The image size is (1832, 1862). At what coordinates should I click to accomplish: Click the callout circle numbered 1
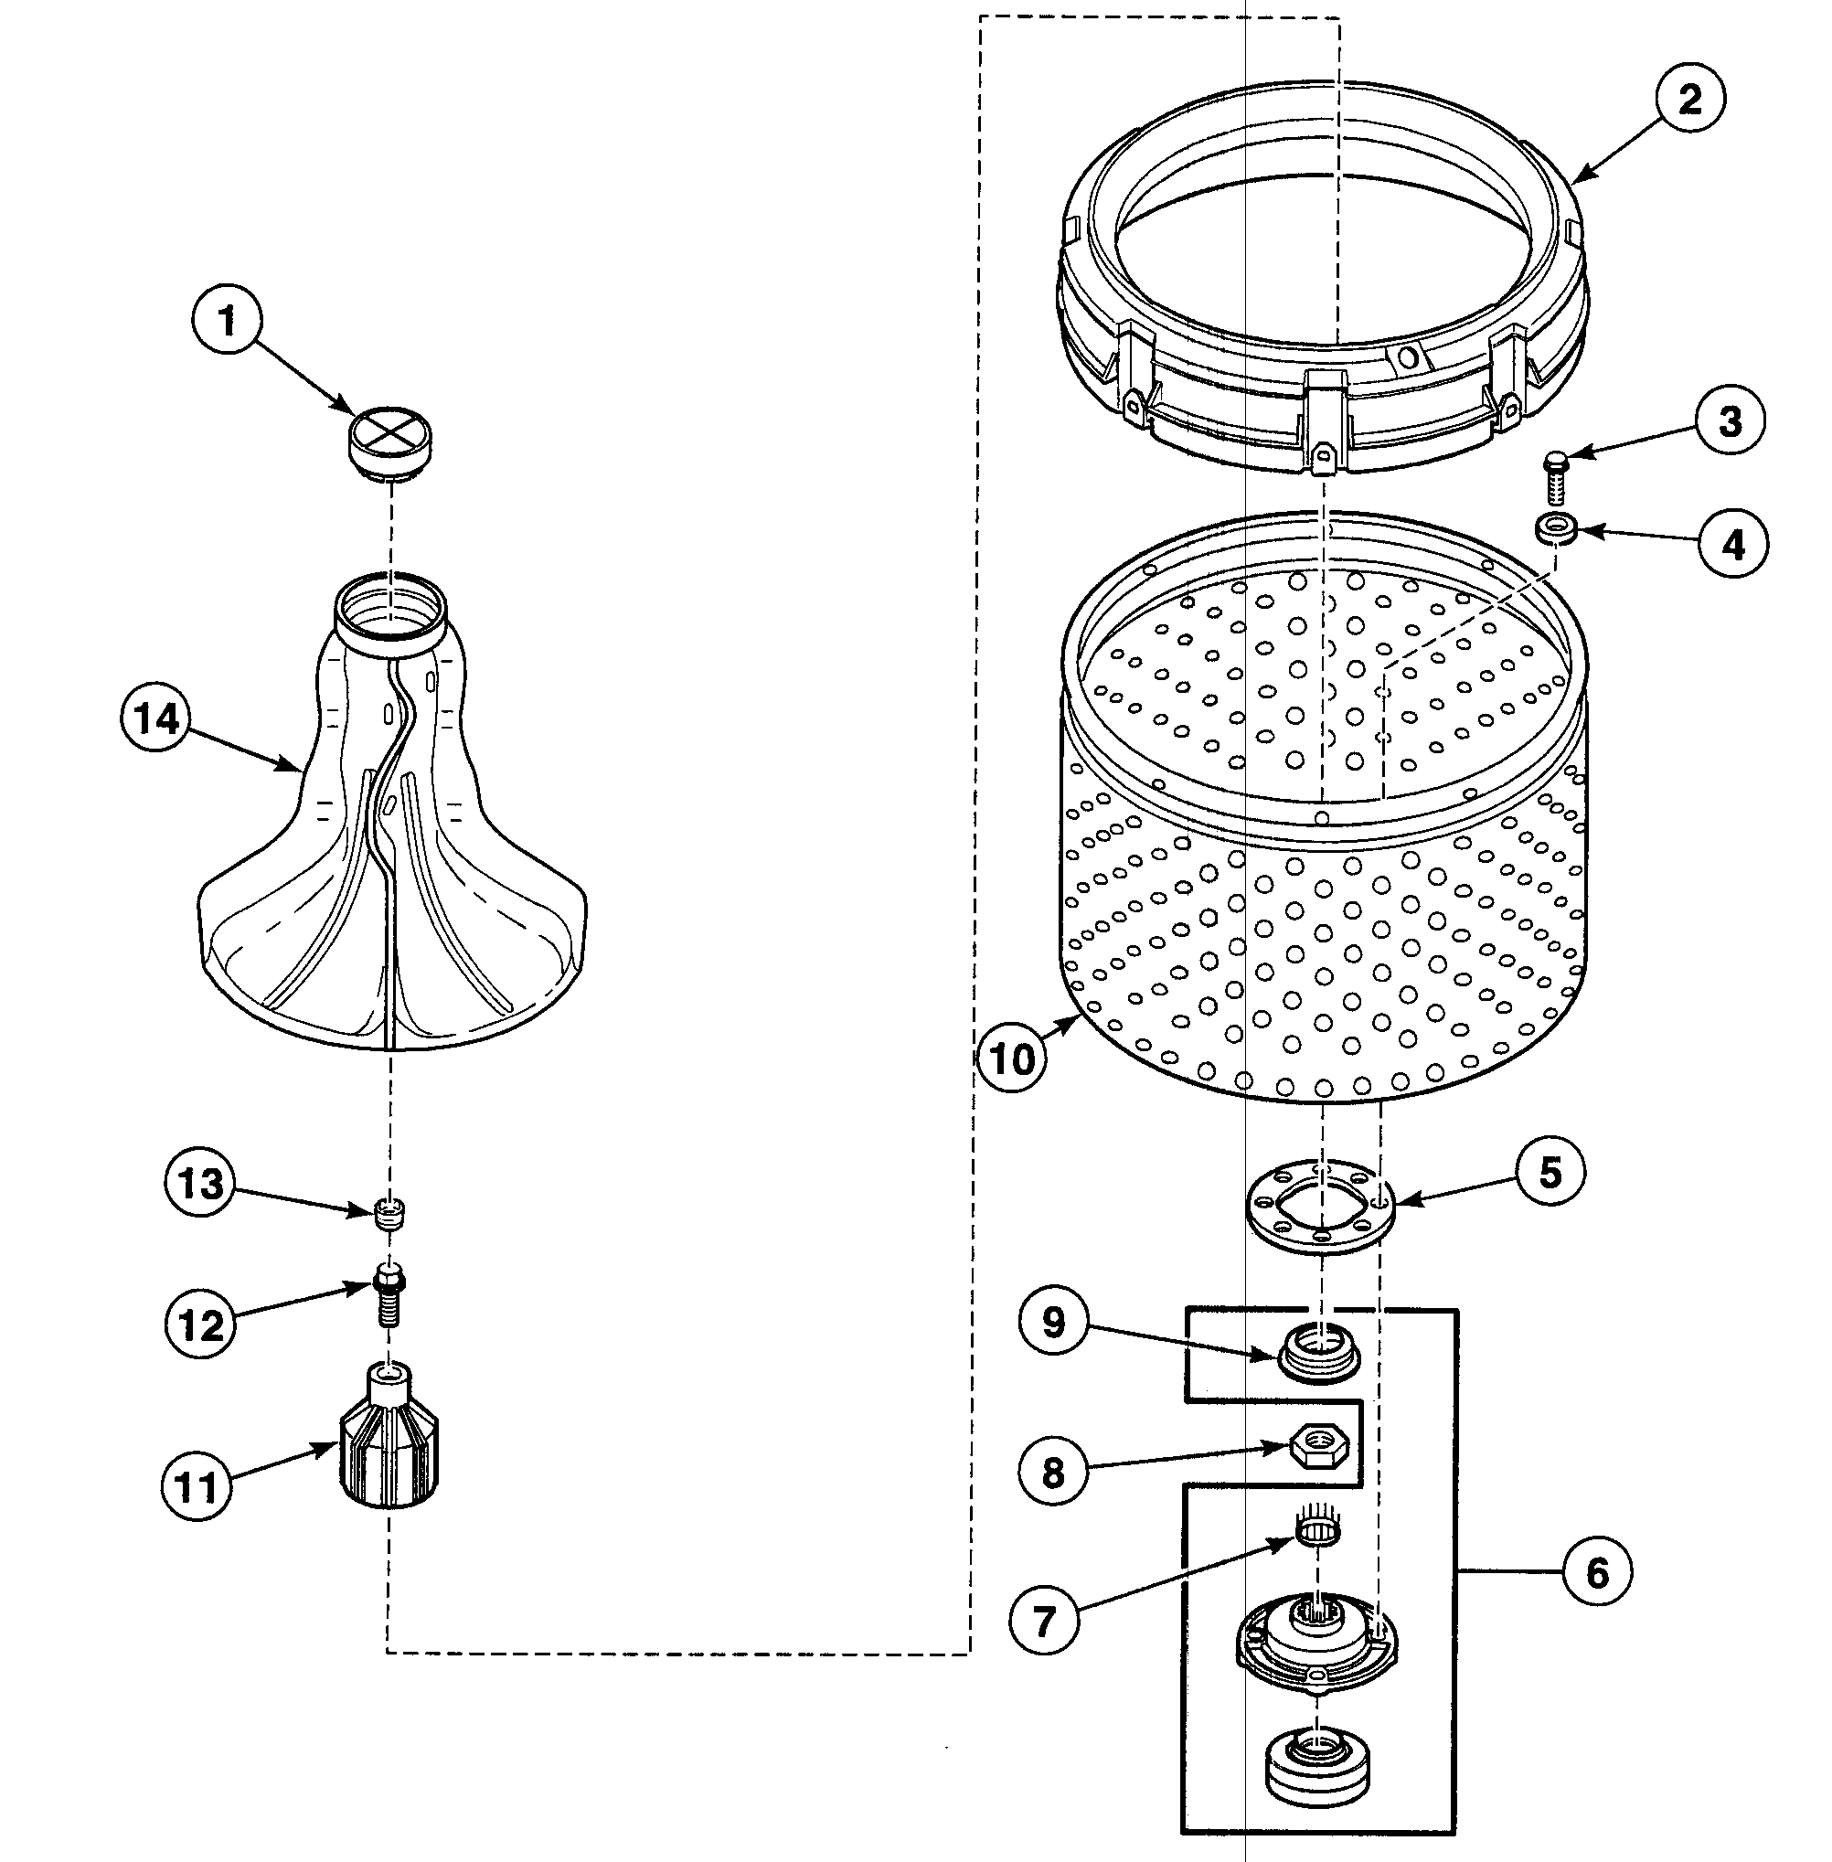coord(227,323)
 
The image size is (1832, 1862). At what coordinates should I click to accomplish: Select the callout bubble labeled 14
coord(157,718)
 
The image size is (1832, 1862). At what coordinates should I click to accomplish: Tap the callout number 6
coord(1596,1573)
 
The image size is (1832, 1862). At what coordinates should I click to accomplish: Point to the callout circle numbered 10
coord(1011,1059)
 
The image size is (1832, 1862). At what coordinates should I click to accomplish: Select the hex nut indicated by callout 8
coord(1313,1445)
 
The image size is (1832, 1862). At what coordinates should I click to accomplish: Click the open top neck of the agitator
coord(389,606)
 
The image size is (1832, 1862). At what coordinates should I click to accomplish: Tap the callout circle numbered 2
coord(1690,100)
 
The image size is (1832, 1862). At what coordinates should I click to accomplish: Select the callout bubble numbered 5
coord(1550,1172)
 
